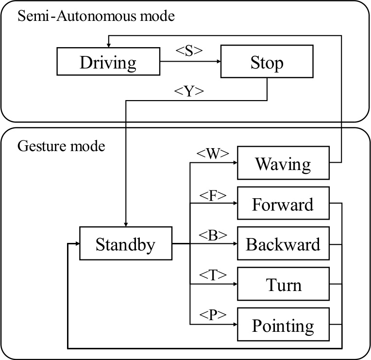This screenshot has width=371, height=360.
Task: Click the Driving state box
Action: (108, 62)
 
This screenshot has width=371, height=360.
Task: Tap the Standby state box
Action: (125, 244)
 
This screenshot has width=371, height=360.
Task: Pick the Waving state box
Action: (283, 163)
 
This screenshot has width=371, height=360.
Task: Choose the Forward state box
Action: (283, 204)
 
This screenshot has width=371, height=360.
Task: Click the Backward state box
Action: (283, 244)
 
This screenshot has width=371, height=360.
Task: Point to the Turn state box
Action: (283, 284)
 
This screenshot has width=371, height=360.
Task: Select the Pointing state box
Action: (283, 325)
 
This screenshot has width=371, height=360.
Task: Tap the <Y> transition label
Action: (189, 91)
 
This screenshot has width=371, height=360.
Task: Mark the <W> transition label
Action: (213, 154)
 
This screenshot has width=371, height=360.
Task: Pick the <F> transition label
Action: (213, 195)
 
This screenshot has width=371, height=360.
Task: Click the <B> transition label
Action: (213, 235)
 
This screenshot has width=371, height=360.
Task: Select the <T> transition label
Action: (213, 275)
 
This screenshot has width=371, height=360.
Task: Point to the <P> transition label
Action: (213, 315)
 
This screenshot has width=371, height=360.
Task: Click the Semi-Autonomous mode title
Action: (96, 16)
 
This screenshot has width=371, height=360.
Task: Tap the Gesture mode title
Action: (61, 145)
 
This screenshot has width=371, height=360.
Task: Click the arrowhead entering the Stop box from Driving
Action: (218, 62)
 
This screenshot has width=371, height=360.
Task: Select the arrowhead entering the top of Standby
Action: (126, 223)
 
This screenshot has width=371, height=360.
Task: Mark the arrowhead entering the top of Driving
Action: (108, 44)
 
